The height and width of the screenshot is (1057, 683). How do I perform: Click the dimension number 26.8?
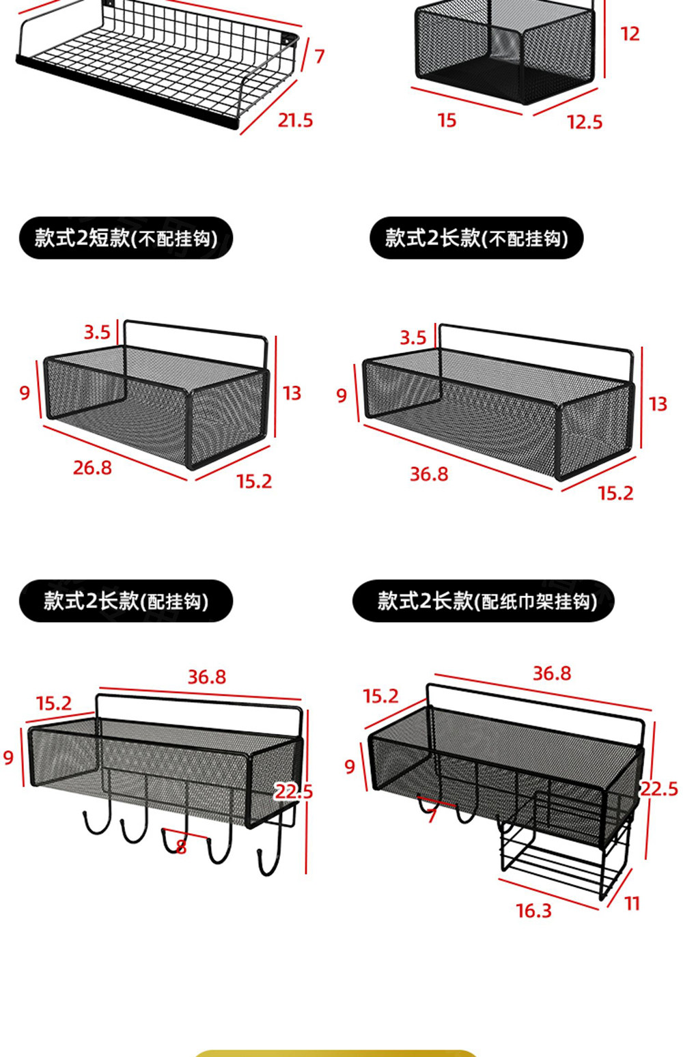click(92, 468)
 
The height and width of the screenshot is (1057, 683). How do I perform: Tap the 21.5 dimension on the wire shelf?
click(295, 121)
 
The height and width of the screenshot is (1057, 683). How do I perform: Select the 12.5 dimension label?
click(585, 122)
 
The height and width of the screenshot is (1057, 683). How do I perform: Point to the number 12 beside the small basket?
click(630, 34)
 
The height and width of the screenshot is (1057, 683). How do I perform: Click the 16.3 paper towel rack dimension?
click(533, 911)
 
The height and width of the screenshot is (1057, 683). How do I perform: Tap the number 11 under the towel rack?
click(632, 904)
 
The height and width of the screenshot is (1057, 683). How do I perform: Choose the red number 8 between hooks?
click(181, 847)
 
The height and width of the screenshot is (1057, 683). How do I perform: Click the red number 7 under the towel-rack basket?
click(431, 816)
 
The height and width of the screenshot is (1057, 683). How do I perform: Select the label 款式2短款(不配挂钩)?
click(126, 238)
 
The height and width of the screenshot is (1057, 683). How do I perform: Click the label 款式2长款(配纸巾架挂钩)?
click(484, 601)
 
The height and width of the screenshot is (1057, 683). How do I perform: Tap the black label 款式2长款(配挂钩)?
click(126, 601)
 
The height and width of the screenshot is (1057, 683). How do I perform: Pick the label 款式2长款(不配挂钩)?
click(476, 238)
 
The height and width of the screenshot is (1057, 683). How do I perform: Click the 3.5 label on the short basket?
click(97, 333)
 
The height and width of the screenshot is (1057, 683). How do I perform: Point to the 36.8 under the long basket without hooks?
click(429, 474)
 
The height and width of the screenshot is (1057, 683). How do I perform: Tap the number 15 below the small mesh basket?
click(447, 121)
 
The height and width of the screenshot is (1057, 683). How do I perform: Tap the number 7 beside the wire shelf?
click(320, 56)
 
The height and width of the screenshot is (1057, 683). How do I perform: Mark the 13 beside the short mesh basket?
click(292, 393)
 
